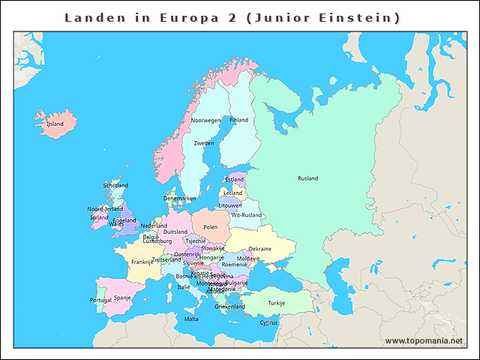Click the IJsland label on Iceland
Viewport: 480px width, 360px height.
pos(55,124)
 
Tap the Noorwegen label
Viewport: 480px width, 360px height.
pos(205,120)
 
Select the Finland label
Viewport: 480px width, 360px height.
pos(238,120)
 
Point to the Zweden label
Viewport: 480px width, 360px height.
pos(204,142)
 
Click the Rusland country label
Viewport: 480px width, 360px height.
pos(307,178)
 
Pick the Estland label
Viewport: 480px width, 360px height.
pos(235,180)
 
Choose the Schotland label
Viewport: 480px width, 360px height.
pos(115,185)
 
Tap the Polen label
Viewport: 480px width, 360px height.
pos(211,226)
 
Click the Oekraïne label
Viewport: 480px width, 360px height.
pos(259,249)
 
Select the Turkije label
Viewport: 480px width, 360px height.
pos(277,303)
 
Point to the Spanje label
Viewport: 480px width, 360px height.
pos(122,298)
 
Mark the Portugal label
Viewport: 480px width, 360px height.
pos(101,300)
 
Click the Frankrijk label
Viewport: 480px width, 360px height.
pos(142,262)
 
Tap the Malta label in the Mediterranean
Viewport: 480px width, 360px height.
pos(192,319)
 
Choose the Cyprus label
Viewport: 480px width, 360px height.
pos(268,323)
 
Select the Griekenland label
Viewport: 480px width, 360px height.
pos(229,307)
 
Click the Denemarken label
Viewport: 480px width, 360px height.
pos(180,199)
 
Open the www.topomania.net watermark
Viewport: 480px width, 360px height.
pos(424,340)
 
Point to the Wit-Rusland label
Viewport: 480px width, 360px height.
pos(246,215)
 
